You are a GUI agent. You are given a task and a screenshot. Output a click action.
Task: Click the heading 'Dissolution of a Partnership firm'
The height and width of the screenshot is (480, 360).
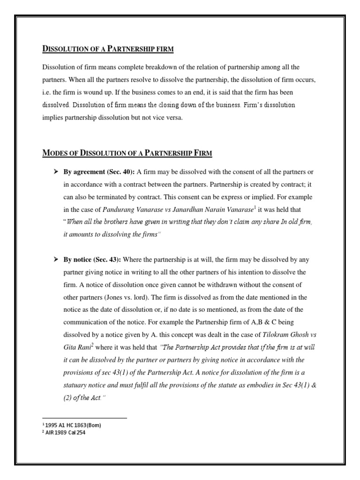pyautogui.click(x=108, y=49)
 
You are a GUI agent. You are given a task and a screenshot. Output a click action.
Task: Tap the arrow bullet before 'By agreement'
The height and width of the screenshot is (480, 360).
pyautogui.click(x=56, y=172)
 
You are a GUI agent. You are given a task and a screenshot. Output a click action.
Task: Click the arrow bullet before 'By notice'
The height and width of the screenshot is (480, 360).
pyautogui.click(x=56, y=260)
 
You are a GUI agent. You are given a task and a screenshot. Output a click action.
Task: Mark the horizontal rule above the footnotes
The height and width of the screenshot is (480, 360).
pyautogui.click(x=84, y=418)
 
